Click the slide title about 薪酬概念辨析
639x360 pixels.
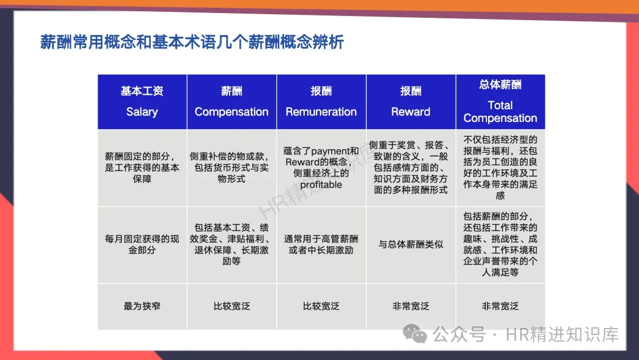click(x=192, y=42)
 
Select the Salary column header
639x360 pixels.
click(x=142, y=112)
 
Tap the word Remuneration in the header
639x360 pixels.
click(x=321, y=112)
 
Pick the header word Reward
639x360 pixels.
click(x=411, y=112)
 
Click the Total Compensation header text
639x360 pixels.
click(x=501, y=112)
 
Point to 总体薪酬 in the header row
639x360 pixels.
click(x=501, y=85)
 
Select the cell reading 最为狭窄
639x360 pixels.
click(x=142, y=306)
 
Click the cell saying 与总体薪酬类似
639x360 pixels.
click(x=411, y=244)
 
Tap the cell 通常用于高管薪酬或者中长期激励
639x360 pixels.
click(x=321, y=244)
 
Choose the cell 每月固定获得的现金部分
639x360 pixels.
click(x=142, y=244)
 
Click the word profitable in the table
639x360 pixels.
click(x=321, y=185)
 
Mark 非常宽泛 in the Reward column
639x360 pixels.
click(x=411, y=306)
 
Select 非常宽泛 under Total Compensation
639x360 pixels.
click(x=501, y=306)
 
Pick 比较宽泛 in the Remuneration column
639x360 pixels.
click(x=321, y=306)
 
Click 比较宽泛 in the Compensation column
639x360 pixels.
click(x=231, y=306)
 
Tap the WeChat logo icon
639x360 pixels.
click(x=414, y=334)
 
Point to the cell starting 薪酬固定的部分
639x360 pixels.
click(x=142, y=168)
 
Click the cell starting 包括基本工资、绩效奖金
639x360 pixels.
click(x=231, y=244)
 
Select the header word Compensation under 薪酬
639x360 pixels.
click(x=231, y=112)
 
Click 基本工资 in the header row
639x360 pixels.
click(x=142, y=91)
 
